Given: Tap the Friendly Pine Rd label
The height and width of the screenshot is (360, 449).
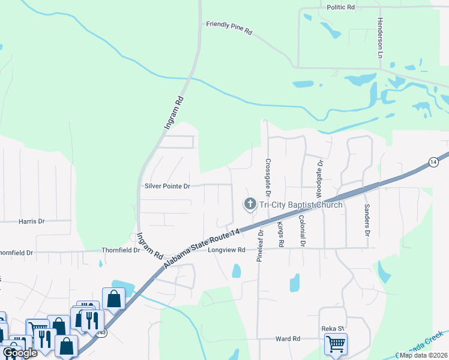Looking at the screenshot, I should point(229,28).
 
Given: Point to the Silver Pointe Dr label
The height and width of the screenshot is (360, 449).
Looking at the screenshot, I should point(167,186).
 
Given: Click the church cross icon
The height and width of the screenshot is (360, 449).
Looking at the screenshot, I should point(249,205).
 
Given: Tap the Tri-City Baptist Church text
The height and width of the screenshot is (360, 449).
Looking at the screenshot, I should point(301,205).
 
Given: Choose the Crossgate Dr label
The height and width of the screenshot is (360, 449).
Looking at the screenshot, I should point(268,177).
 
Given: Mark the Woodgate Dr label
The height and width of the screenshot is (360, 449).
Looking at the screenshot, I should point(320,179).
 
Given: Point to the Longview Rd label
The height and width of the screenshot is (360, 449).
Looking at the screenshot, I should point(227,250).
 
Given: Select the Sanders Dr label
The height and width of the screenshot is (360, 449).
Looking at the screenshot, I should point(366,220).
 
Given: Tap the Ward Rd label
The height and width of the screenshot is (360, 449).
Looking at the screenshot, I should point(287,339).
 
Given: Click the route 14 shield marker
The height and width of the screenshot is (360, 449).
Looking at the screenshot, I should point(433,162).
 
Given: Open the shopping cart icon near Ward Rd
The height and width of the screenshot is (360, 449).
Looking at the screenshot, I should point(336,344).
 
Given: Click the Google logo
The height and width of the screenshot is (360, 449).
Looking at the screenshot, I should point(20,353).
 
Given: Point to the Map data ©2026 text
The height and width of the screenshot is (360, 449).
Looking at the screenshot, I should point(423,355).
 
